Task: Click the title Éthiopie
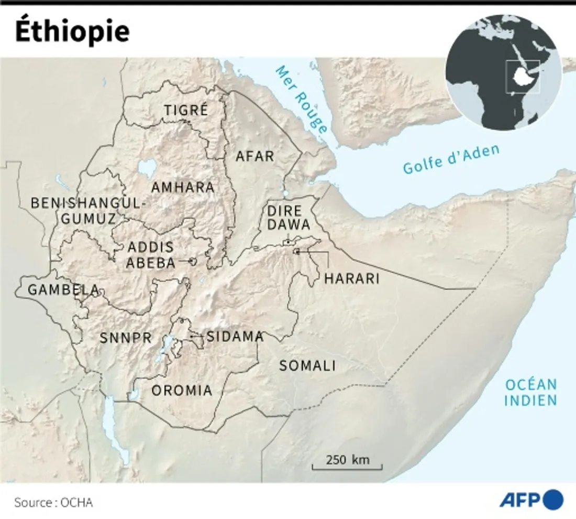coord(72,31)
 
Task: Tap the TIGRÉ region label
coord(186,111)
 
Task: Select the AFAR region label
coord(255,156)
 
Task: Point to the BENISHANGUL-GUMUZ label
coord(87,211)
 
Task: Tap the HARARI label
coord(351,278)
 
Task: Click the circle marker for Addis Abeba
coord(192,261)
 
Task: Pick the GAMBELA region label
coord(56,289)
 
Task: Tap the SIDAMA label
coord(235,337)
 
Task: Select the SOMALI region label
coord(307,366)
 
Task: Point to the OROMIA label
coord(182,391)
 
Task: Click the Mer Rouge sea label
coord(301,99)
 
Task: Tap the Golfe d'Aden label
coord(451,159)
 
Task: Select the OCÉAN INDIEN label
coord(530,393)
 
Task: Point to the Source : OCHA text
coord(53,502)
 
